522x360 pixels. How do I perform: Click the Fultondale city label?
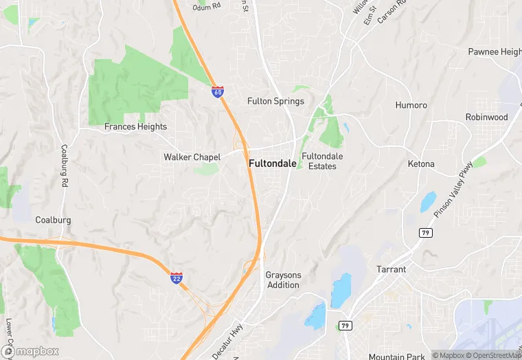coord(273,164)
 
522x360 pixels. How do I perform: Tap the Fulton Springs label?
coord(275,102)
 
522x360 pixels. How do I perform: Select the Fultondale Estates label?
coord(322,161)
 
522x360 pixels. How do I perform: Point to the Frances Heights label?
coord(135,126)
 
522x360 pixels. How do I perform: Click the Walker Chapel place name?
coord(192,157)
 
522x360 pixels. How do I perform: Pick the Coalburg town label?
coord(53,220)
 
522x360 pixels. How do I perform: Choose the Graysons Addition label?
coord(283,280)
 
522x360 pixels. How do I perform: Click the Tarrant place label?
coord(391,269)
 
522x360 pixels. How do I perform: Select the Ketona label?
coord(421,164)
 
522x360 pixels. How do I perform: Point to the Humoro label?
coord(411,105)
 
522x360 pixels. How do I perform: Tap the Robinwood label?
coord(486,117)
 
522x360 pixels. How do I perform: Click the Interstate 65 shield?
coord(218,91)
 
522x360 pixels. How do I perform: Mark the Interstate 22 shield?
coord(177,278)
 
